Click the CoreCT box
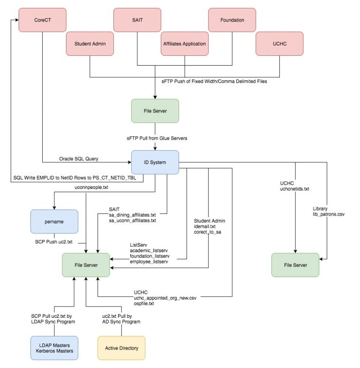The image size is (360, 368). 42,20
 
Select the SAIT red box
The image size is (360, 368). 137,20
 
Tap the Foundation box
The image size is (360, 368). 232,20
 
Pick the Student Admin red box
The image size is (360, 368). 90,44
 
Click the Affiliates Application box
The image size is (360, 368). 184,44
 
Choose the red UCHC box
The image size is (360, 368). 279,44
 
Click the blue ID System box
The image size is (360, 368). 155,162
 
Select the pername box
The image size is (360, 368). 54,221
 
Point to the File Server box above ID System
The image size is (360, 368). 155,111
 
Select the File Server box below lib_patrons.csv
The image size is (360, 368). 295,265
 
